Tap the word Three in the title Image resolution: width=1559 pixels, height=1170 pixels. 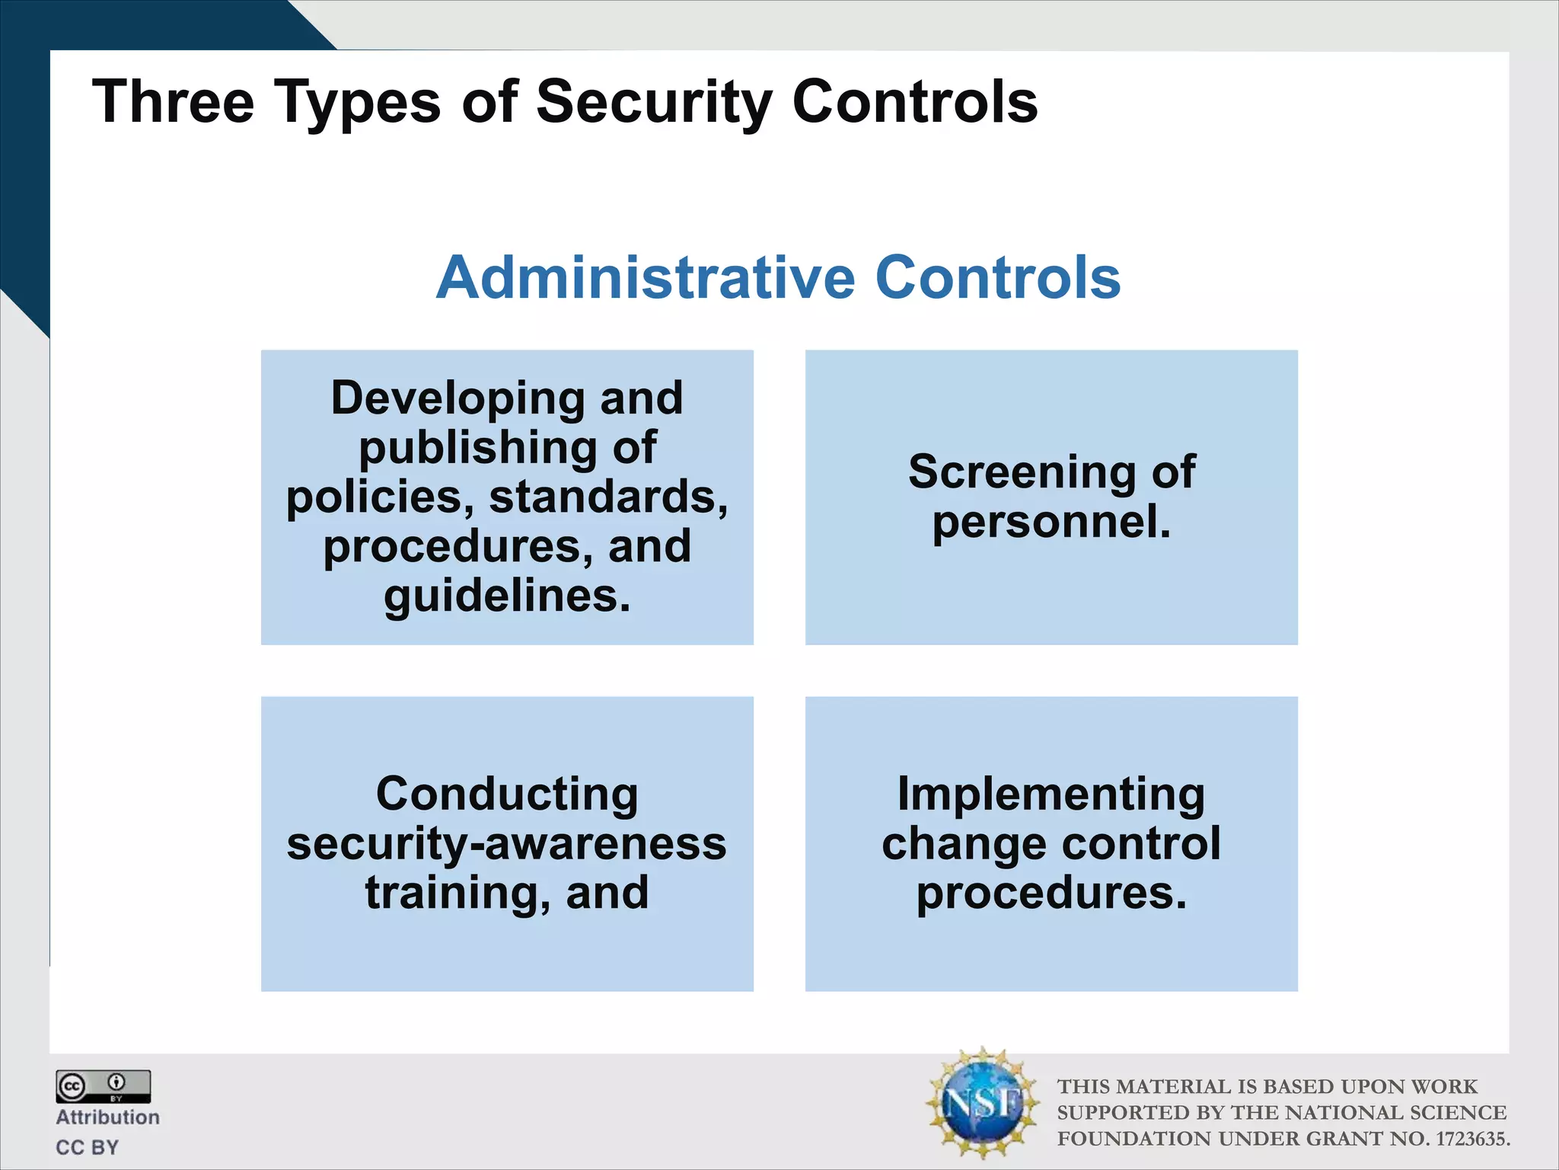point(173,101)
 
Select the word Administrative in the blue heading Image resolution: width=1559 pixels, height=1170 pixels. point(646,277)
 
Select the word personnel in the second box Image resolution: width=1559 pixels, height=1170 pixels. point(1047,523)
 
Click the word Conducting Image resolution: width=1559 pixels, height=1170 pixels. point(507,794)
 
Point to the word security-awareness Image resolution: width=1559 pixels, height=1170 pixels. point(507,844)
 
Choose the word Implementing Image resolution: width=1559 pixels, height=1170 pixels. point(1050,794)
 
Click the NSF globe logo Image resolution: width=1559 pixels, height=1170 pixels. point(982,1102)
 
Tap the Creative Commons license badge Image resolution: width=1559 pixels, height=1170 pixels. point(103,1086)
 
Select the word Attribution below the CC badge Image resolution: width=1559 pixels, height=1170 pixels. point(107,1117)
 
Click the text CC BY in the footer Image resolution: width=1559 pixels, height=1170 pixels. point(88,1147)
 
